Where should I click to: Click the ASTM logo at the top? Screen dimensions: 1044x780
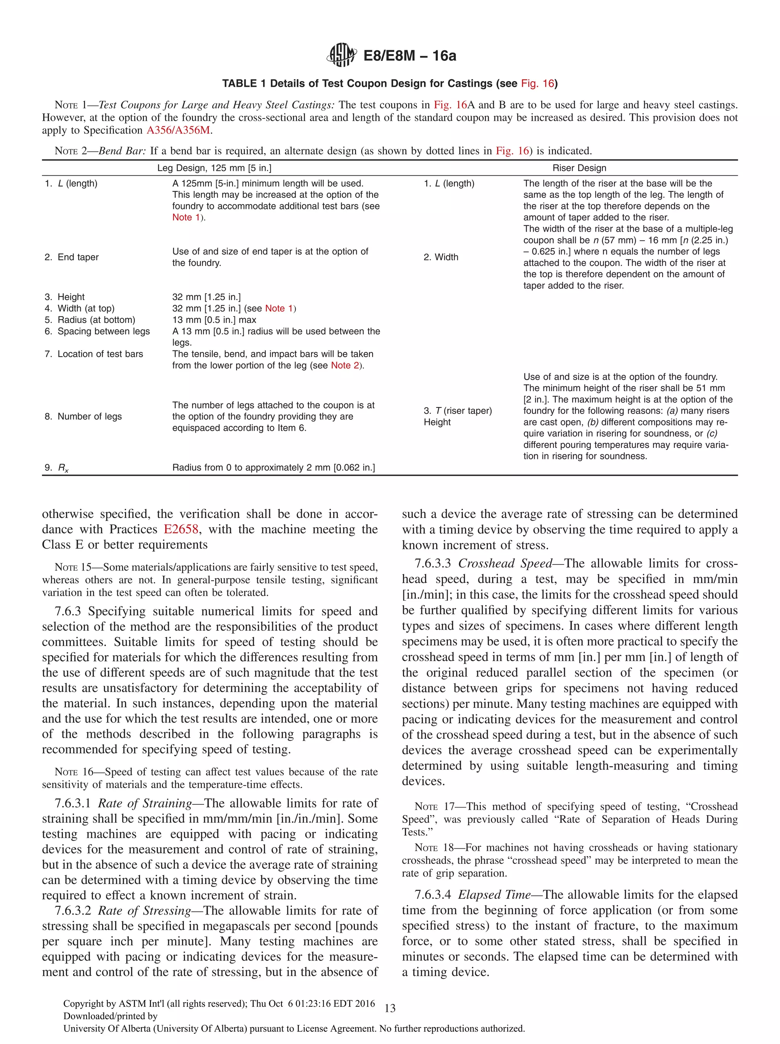(x=341, y=55)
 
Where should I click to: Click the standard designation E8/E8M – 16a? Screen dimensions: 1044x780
(x=409, y=56)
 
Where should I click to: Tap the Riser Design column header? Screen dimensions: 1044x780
(x=579, y=168)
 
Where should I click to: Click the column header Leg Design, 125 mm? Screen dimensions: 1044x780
(x=214, y=168)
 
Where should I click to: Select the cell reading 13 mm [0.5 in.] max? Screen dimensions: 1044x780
(x=214, y=320)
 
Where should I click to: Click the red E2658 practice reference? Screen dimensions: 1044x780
(x=181, y=529)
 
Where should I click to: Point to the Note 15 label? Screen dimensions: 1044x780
(x=73, y=567)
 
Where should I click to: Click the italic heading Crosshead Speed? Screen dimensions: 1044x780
(x=505, y=564)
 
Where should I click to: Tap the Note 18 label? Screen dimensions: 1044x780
(x=434, y=848)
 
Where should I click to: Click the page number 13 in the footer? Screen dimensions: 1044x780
(x=390, y=1009)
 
